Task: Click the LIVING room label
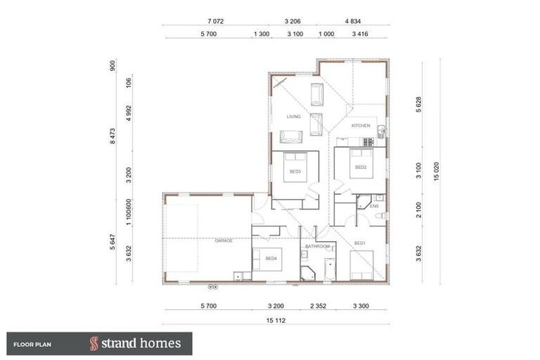(x=293, y=117)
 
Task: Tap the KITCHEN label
(x=361, y=126)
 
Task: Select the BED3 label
(x=295, y=172)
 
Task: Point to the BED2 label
(x=361, y=167)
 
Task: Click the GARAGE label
(x=224, y=240)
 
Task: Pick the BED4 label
(x=271, y=258)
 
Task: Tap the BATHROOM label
(x=317, y=247)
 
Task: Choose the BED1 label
(x=360, y=243)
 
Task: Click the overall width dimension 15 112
(x=275, y=320)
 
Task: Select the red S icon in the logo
(x=94, y=344)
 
